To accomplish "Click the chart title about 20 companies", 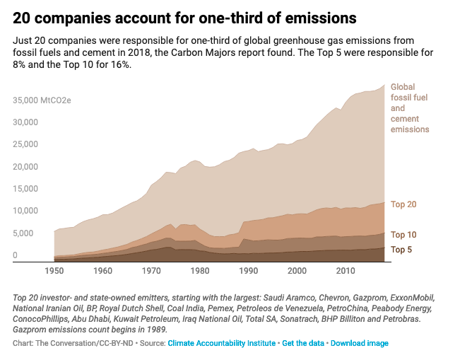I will pyautogui.click(x=184, y=16).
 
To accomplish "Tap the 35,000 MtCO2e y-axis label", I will pyautogui.click(x=42, y=100).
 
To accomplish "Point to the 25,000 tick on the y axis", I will pyautogui.click(x=25, y=144).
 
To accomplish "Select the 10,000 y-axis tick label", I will pyautogui.click(x=25, y=211).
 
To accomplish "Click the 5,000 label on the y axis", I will pyautogui.click(x=23, y=233).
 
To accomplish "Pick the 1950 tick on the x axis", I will pyautogui.click(x=54, y=271).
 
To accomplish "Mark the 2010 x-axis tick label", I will pyautogui.click(x=345, y=271).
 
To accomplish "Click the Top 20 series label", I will pyautogui.click(x=403, y=204).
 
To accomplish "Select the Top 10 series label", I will pyautogui.click(x=403, y=235).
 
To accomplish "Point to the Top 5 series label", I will pyautogui.click(x=401, y=250).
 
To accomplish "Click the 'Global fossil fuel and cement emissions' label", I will pyautogui.click(x=410, y=108).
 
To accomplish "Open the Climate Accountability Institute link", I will pyautogui.click(x=222, y=344).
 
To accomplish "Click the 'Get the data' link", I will pyautogui.click(x=303, y=344).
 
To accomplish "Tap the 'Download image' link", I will pyautogui.click(x=359, y=344).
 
